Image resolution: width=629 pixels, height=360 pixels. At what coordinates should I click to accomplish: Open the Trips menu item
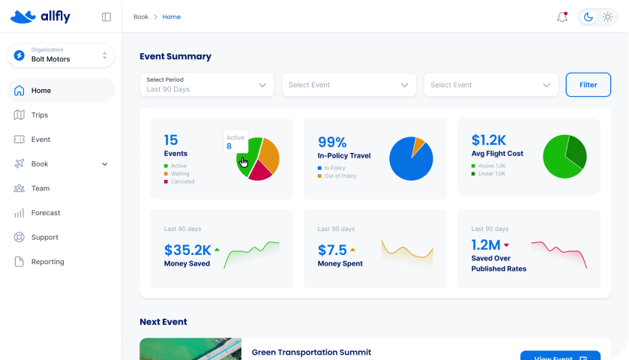pos(40,115)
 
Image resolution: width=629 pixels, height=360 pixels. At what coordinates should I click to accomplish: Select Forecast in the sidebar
pos(45,213)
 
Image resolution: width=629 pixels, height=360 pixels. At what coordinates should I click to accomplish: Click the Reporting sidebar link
pos(47,262)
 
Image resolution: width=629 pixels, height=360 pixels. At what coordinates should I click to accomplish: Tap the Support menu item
pos(44,237)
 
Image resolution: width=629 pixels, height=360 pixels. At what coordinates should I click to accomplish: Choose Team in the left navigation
pos(40,188)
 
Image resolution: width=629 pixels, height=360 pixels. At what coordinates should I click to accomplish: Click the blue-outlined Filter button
pos(588,85)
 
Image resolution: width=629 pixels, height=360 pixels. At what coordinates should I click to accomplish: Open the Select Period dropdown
pos(206,85)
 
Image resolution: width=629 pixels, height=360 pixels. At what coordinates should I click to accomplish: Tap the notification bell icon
pos(562,17)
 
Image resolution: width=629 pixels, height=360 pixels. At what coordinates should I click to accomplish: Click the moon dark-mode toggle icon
pos(589,17)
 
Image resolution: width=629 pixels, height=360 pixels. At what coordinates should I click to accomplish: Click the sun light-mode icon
pos(607,17)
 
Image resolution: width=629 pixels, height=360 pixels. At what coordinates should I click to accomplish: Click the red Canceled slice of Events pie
pos(260,172)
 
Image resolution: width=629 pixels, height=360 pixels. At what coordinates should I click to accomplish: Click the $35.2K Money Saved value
pos(187,250)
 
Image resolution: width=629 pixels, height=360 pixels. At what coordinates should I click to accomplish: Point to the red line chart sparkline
pos(559,253)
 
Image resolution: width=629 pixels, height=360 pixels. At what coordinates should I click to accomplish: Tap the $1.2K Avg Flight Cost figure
pos(489,140)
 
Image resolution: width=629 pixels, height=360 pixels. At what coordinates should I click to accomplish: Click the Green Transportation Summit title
pos(311,352)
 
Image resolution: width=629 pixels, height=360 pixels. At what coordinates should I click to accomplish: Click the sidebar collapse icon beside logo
pos(106,16)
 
